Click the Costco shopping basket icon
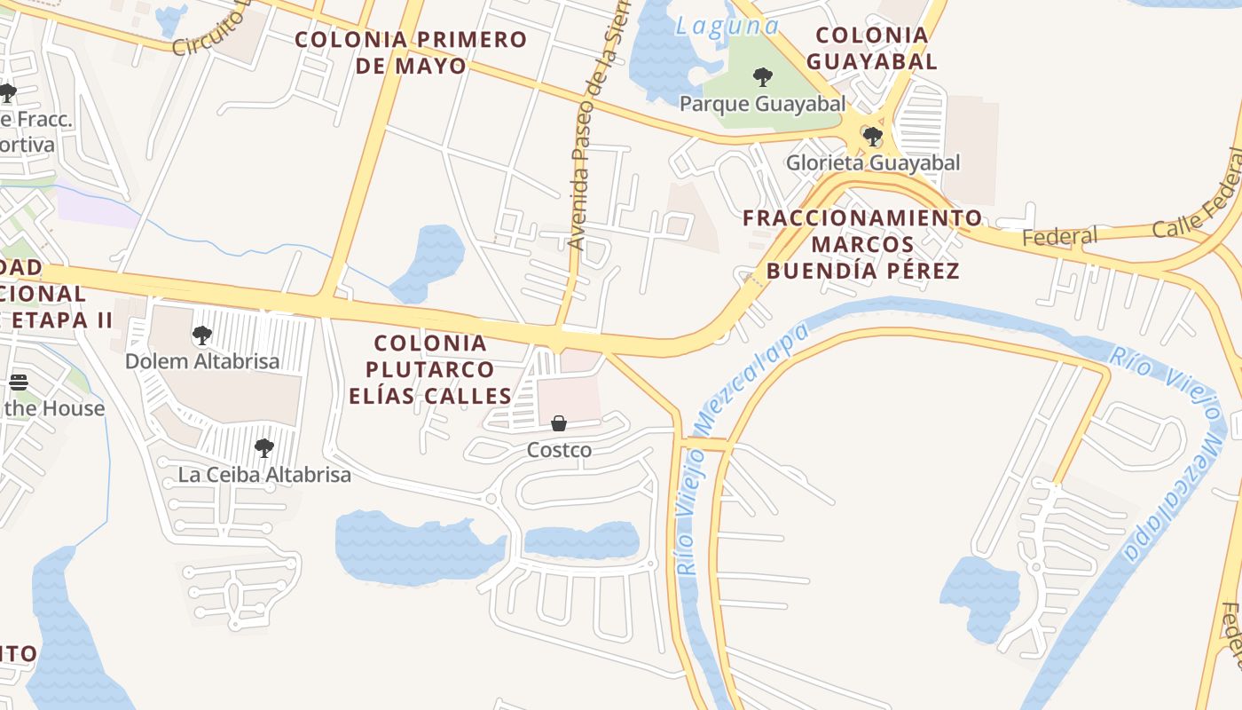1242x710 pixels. tap(559, 423)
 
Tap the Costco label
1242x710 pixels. tap(559, 450)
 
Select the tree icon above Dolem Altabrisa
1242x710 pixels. tap(202, 335)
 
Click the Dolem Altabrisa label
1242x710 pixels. tap(202, 361)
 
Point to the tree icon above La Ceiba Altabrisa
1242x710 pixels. tap(263, 448)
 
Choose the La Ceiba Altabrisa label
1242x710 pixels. tap(264, 474)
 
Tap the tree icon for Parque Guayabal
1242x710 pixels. tap(762, 77)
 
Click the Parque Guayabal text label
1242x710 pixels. tap(762, 104)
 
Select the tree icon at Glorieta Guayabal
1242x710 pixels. tap(873, 136)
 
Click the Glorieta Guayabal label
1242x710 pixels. tap(873, 162)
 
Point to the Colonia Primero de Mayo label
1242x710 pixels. tap(411, 52)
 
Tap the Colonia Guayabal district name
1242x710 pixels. tap(872, 48)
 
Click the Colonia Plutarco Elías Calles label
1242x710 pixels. tap(430, 369)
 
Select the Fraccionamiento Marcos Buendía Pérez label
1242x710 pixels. tap(862, 244)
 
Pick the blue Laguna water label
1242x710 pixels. tap(727, 26)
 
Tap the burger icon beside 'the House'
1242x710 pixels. tap(19, 383)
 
